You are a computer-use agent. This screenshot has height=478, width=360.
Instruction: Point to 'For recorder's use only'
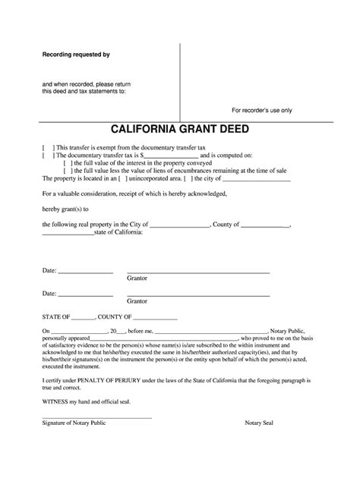(x=261, y=110)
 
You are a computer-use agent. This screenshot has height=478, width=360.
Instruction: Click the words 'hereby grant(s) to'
(x=66, y=209)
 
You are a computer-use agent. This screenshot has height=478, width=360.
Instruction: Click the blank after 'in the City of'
(x=180, y=225)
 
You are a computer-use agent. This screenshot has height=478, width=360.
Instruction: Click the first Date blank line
(x=85, y=272)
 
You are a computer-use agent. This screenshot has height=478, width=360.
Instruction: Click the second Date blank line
(x=85, y=294)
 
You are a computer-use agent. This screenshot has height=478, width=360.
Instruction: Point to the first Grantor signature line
(x=197, y=272)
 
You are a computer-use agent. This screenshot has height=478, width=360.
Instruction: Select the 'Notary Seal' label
(x=261, y=423)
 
